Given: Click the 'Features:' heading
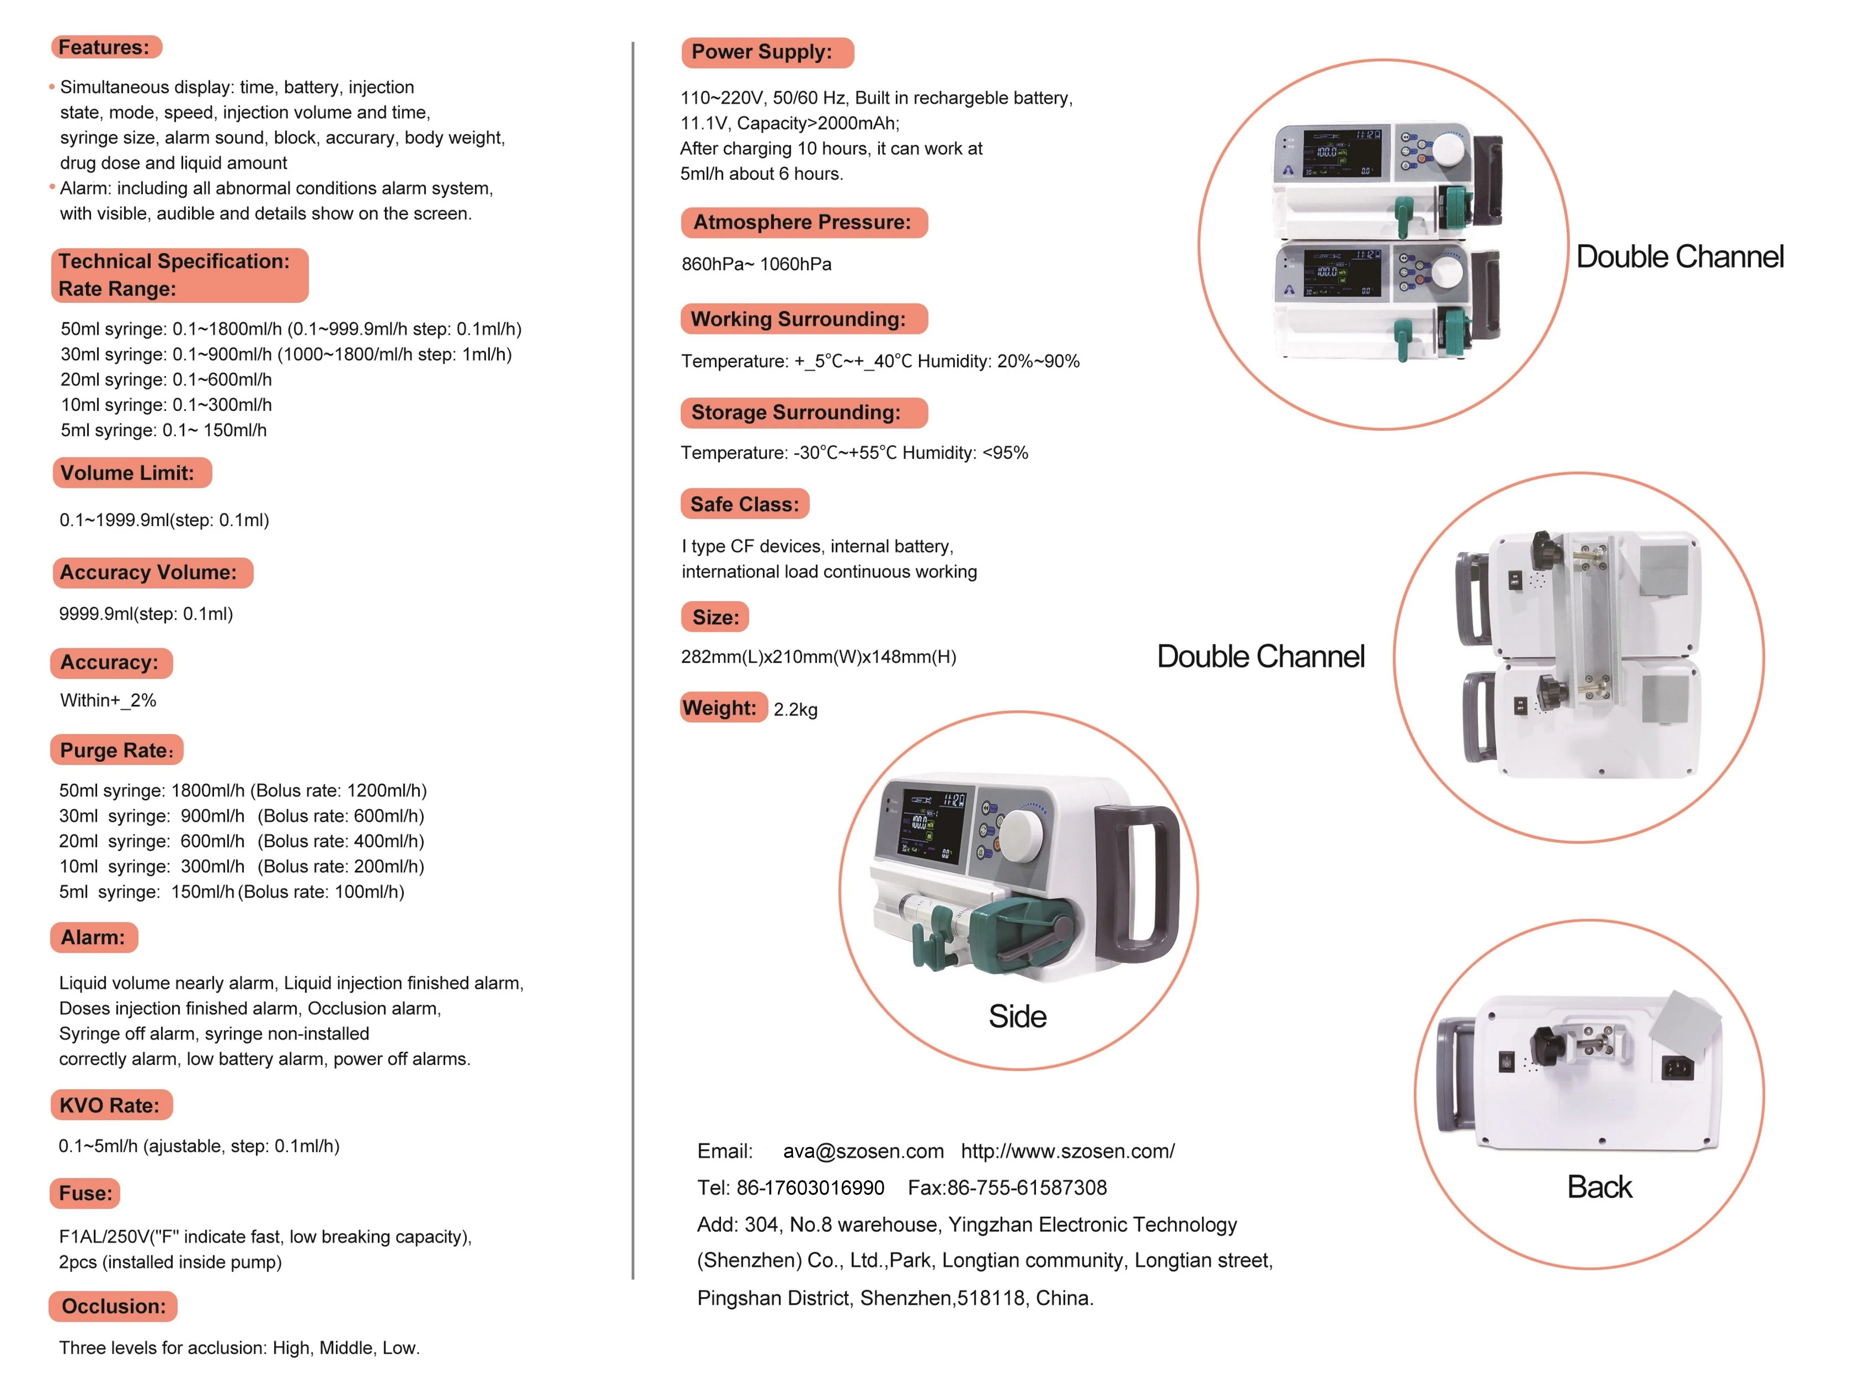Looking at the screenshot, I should (x=104, y=48).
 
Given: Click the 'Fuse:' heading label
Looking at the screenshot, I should (x=85, y=1193).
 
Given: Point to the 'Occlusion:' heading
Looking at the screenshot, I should (x=114, y=1306).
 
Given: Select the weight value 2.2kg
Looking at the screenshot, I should (x=795, y=710).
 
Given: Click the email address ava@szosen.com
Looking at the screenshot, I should (x=863, y=1151).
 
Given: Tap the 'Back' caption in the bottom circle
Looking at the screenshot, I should (x=1598, y=1187).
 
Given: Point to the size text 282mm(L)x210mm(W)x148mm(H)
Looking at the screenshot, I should (x=818, y=657).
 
